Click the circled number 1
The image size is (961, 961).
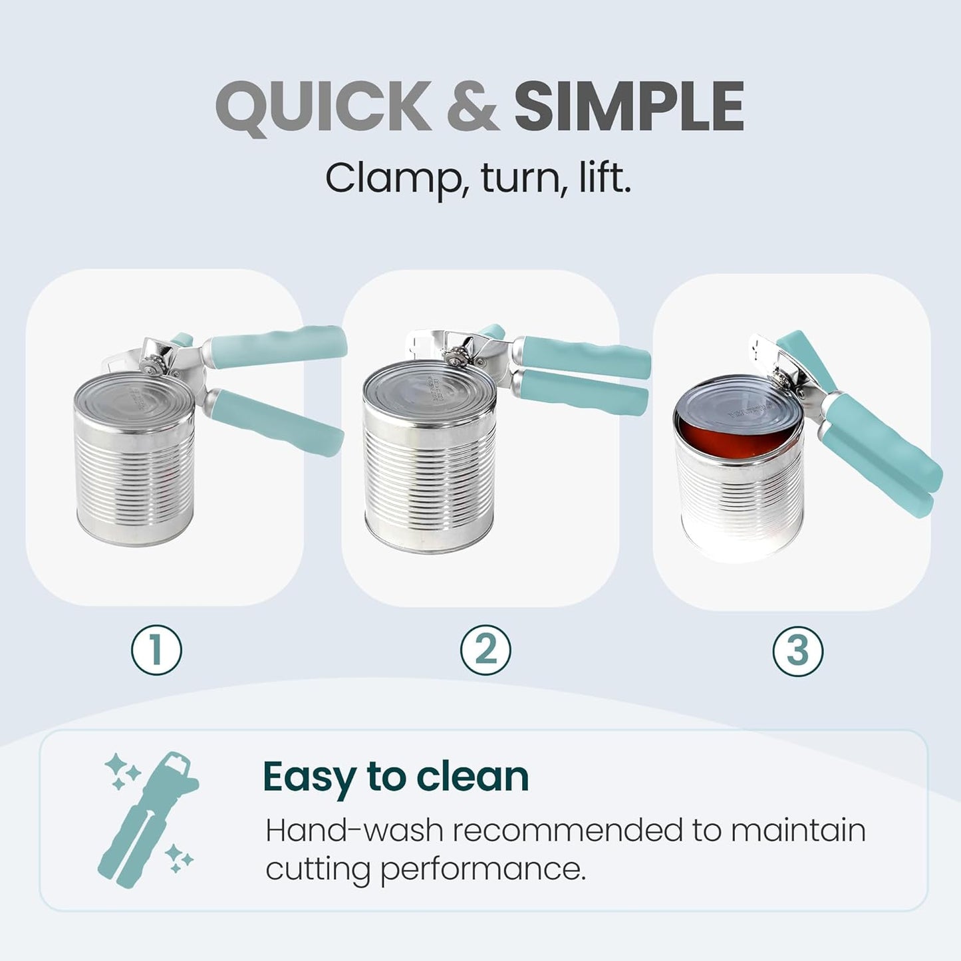[156, 650]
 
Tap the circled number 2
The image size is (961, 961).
[485, 650]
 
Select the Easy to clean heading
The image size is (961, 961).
[396, 777]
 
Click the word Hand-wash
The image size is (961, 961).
[354, 831]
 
